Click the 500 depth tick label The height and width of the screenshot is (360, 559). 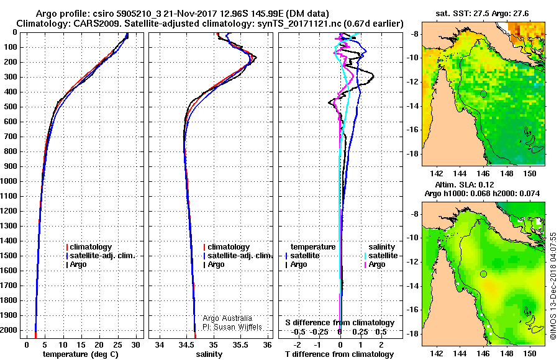point(11,107)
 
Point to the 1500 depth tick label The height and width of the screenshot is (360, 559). point(9,256)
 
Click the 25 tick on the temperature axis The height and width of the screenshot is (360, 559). point(117,345)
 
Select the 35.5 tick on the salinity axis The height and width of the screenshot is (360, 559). point(240,345)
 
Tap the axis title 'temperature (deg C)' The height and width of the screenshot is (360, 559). point(81,354)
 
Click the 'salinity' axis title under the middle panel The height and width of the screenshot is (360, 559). point(209,354)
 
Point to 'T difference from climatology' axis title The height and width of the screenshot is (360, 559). point(339,354)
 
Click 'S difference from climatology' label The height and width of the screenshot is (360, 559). point(340,323)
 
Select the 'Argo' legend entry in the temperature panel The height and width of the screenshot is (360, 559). point(77,264)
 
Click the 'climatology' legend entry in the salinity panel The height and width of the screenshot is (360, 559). point(227,247)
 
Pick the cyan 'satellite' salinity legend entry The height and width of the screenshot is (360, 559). point(381,256)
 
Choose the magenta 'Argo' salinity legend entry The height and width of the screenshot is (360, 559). point(375,264)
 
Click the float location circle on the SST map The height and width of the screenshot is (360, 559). point(483,94)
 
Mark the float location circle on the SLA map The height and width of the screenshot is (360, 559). point(483,274)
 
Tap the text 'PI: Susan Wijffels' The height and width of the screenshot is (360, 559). point(232,327)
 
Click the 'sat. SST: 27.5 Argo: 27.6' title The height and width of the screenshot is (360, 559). point(482,14)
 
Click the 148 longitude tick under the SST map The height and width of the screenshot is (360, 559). point(507,174)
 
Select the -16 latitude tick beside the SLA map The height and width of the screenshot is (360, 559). point(412,309)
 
